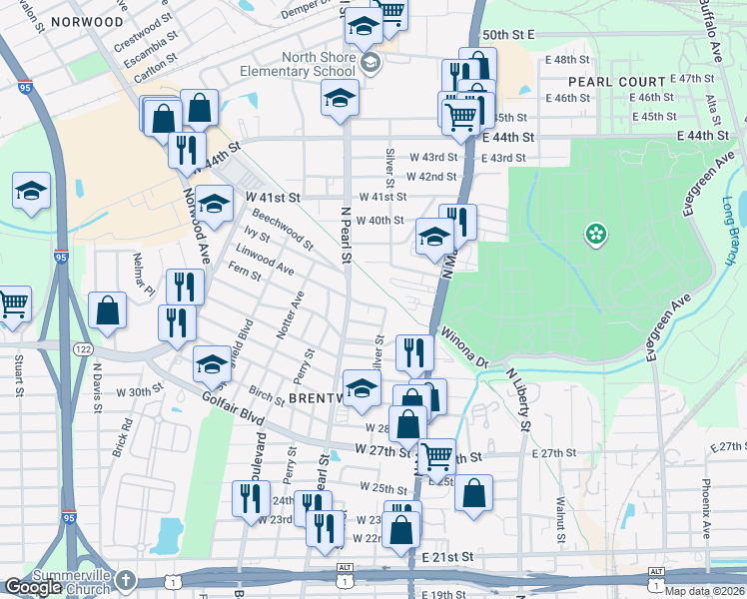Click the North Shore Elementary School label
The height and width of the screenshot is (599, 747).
pos(304,65)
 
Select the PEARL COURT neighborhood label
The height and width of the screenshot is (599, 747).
pos(616,82)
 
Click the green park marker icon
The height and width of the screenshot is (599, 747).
pos(596,235)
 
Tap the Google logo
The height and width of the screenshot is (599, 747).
pos(33,587)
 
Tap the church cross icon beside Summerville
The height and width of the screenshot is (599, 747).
pos(125,580)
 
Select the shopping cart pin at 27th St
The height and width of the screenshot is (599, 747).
pos(436,457)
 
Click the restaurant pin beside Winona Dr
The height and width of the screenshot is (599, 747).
pos(413,352)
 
